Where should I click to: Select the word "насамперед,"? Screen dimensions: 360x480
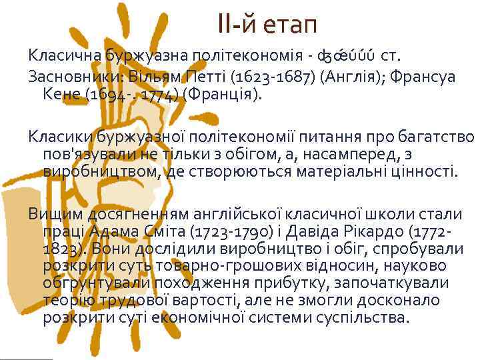pyautogui.click(x=363, y=155)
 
